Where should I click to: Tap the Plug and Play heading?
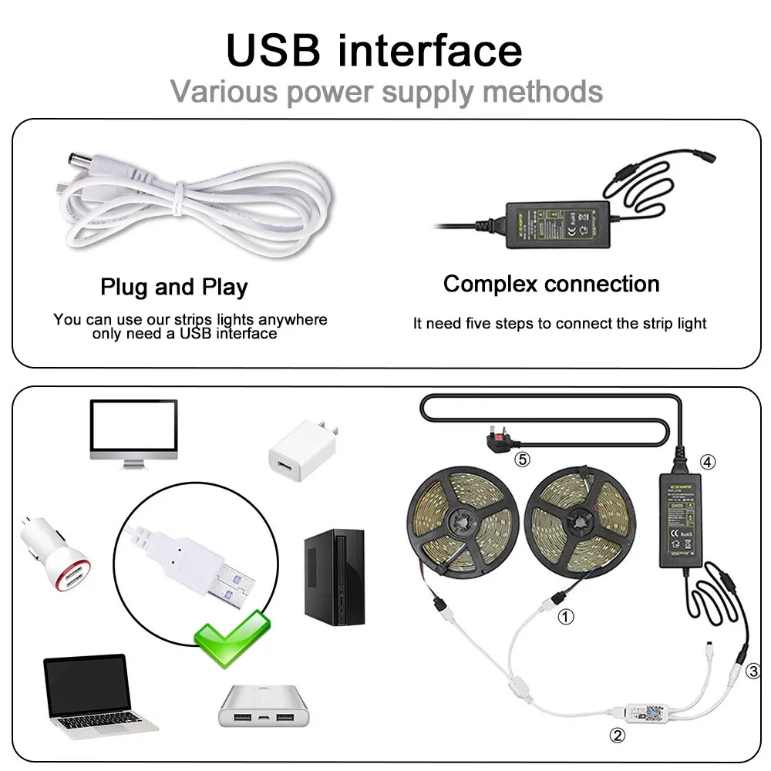point(174,288)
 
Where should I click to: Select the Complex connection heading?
point(551,284)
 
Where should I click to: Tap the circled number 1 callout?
point(566,617)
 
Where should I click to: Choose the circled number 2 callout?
point(617,735)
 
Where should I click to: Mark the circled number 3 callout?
point(755,671)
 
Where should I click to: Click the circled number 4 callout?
point(708,463)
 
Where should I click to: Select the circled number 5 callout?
point(523,460)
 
